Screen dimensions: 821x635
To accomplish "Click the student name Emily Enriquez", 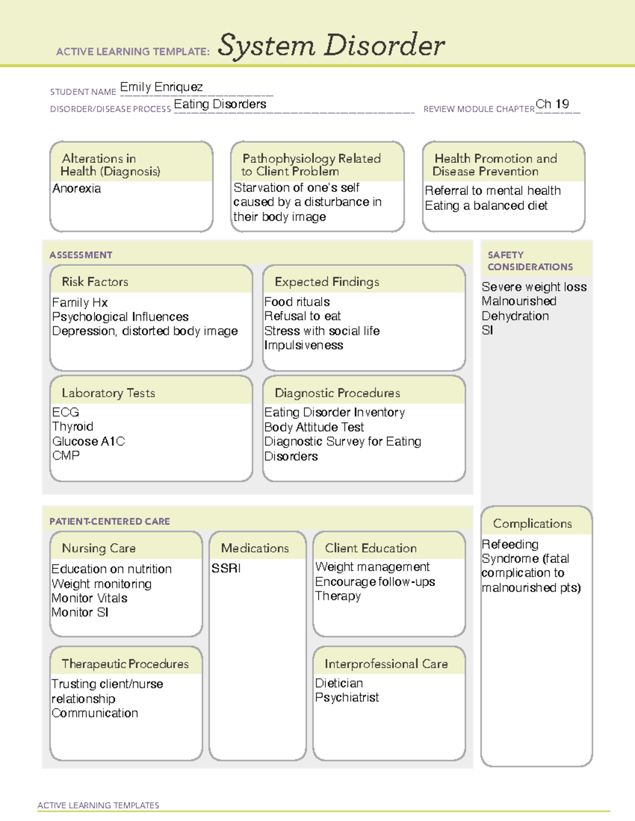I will coord(161,87).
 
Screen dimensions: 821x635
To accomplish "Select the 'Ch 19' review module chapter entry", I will coord(552,104).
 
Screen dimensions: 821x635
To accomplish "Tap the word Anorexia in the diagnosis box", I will coord(77,189).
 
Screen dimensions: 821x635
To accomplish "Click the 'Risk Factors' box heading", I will coord(95,282).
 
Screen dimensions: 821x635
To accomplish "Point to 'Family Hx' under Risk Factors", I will coord(80,303).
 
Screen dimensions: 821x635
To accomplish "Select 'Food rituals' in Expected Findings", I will coord(297,302).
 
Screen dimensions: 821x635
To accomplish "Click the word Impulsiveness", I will coord(304,345).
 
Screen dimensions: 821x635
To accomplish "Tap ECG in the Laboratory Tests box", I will coord(66,412).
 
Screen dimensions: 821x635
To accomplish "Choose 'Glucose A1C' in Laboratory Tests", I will coord(88,441).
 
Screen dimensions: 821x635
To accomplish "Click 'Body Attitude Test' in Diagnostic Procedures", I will coord(314,427).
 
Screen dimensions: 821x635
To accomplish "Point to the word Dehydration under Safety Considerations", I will coord(515,316).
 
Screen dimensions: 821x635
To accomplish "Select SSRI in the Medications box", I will coord(226,568).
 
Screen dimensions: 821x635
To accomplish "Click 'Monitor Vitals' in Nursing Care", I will coord(89,598).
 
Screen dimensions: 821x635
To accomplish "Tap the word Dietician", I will coord(339,683).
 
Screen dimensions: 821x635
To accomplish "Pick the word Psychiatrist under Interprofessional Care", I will coord(347,698).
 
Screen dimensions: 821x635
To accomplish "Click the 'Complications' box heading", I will coord(532,523).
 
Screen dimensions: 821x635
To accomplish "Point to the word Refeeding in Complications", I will coord(510,545).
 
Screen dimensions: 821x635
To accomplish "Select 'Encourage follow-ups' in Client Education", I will coord(375,582).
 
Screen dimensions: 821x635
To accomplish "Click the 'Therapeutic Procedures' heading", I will coord(125,664).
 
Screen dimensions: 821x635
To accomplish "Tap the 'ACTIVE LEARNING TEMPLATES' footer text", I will coord(98,805).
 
